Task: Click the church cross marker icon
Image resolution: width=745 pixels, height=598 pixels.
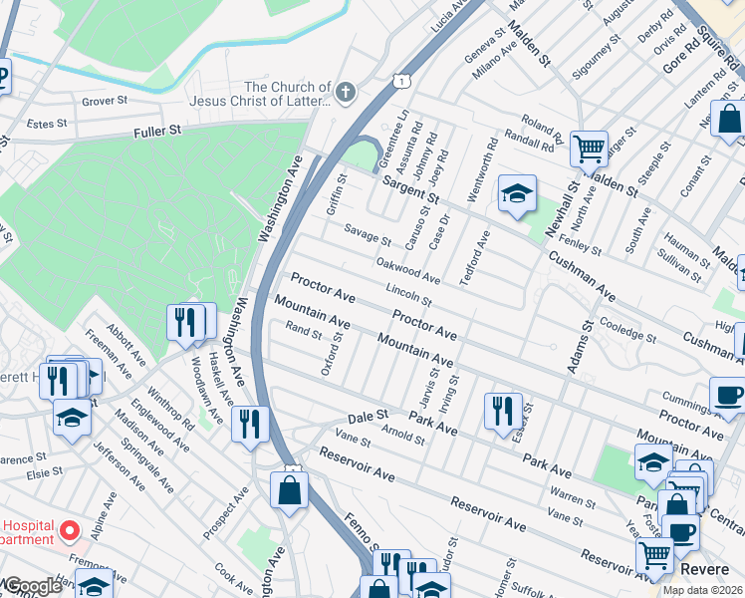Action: (345, 93)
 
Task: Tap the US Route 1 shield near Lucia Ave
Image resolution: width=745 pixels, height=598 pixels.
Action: (399, 76)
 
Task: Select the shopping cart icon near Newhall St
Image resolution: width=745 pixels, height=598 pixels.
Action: (589, 149)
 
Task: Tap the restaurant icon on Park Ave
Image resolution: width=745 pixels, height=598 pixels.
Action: (503, 410)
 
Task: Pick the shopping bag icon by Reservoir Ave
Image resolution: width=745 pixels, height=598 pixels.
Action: (289, 491)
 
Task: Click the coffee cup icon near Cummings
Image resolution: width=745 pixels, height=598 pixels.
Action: (727, 396)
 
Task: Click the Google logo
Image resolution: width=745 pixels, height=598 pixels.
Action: (32, 586)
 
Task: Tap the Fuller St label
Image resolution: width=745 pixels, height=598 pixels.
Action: (160, 131)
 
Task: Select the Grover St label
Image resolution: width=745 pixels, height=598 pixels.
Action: (105, 101)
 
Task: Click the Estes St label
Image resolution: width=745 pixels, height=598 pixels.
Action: (47, 125)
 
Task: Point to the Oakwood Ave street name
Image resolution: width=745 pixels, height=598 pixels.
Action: (408, 269)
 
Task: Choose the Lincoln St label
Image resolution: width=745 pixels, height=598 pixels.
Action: (408, 295)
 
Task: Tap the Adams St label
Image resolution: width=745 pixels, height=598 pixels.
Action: (577, 348)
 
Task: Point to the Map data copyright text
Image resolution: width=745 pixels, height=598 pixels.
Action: (702, 590)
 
